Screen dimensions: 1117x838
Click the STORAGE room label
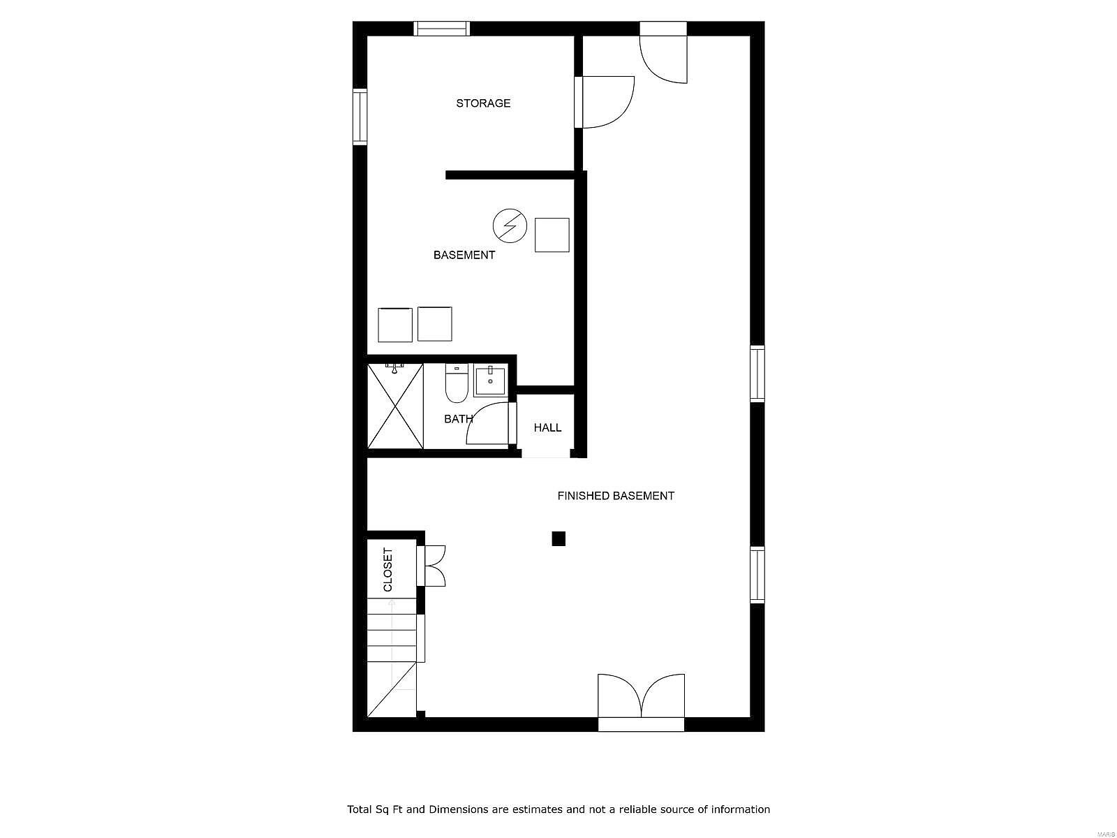pyautogui.click(x=483, y=103)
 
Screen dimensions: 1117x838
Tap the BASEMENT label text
pyautogui.click(x=464, y=255)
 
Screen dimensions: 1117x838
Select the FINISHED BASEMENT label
pyautogui.click(x=616, y=496)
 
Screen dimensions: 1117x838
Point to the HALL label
pyautogui.click(x=547, y=428)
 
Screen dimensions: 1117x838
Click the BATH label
pyautogui.click(x=458, y=419)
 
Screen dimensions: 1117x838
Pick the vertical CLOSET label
pyautogui.click(x=387, y=569)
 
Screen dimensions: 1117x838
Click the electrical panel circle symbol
pyautogui.click(x=510, y=226)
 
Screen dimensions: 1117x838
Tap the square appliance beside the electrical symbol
pyautogui.click(x=552, y=235)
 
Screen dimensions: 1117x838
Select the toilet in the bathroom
pyautogui.click(x=456, y=383)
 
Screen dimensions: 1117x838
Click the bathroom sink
pyautogui.click(x=490, y=381)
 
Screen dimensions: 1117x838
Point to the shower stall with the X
pyautogui.click(x=395, y=406)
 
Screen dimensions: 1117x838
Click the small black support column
pyautogui.click(x=558, y=539)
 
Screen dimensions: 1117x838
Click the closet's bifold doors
pyautogui.click(x=431, y=566)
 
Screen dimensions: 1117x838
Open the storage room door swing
pyautogui.click(x=605, y=102)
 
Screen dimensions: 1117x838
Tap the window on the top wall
pyautogui.click(x=442, y=29)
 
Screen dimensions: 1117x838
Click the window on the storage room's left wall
pyautogui.click(x=360, y=117)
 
